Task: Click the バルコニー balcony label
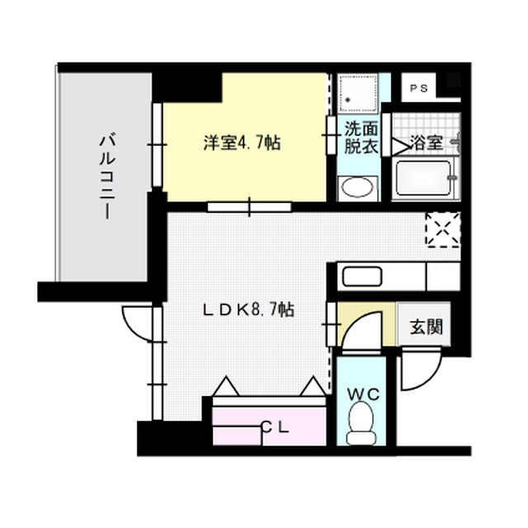[105, 176]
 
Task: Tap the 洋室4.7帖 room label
[243, 143]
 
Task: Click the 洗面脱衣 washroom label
[361, 138]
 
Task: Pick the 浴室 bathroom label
[427, 142]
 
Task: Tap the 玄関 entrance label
[426, 326]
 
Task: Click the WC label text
[362, 394]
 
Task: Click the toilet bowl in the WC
[361, 426]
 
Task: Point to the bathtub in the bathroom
[422, 177]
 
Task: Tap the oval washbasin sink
[357, 187]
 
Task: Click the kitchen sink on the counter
[361, 276]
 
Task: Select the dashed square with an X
[441, 229]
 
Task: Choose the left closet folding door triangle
[225, 386]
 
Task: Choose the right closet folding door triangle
[313, 386]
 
